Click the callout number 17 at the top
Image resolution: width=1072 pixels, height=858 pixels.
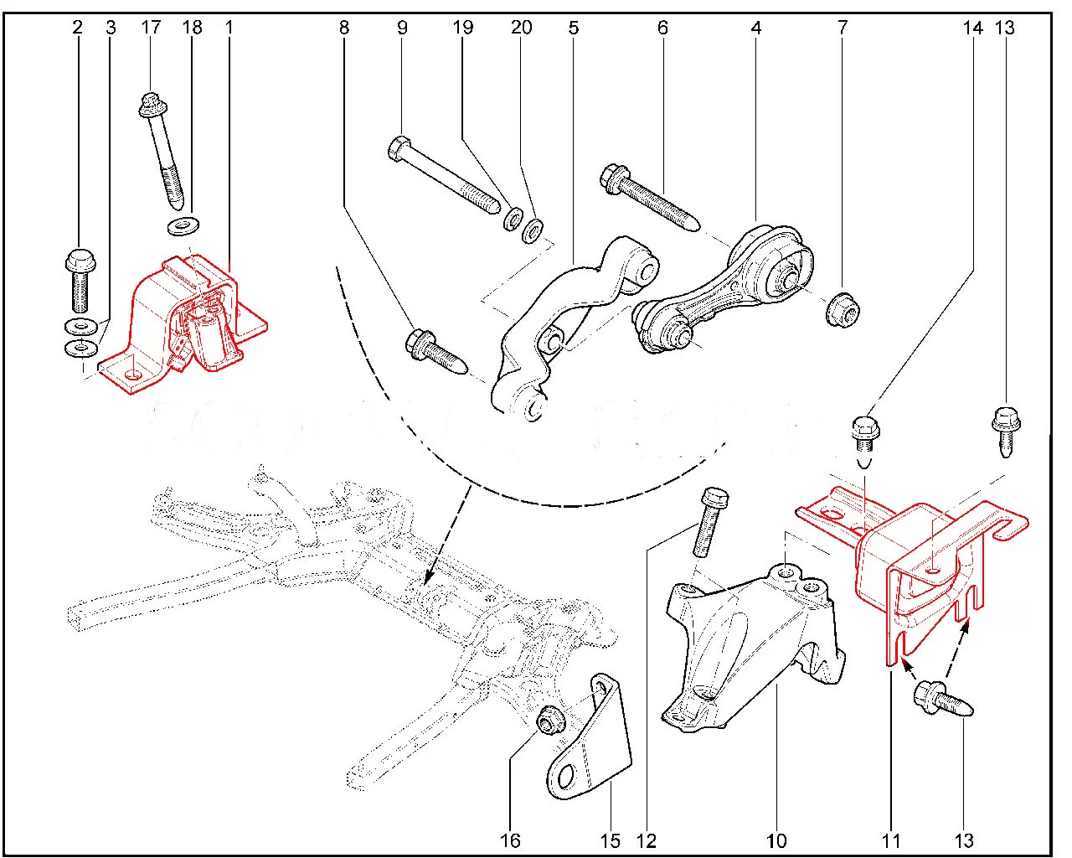[x=151, y=28]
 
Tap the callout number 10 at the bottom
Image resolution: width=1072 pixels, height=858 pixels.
[x=776, y=840]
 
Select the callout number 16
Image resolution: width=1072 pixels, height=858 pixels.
[x=510, y=840]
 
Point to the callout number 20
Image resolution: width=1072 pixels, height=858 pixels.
[x=521, y=28]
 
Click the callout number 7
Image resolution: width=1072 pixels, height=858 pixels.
[x=843, y=28]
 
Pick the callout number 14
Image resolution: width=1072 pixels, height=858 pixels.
[x=972, y=28]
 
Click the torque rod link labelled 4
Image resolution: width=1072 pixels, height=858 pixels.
[x=729, y=293]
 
